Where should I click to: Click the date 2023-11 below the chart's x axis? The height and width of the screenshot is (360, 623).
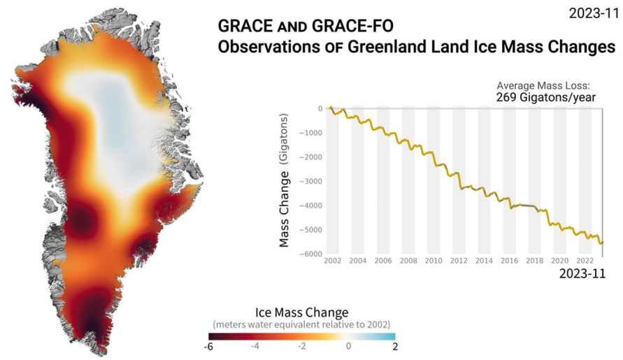point(582,274)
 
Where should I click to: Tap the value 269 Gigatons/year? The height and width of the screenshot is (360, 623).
point(545,97)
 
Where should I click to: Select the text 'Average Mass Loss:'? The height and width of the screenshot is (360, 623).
point(543,85)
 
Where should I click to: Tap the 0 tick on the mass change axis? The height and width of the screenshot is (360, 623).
point(320,108)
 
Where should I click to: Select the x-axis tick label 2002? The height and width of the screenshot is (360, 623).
point(332,261)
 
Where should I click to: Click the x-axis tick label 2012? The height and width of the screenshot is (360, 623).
point(459,261)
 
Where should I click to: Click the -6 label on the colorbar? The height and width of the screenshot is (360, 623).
point(210,346)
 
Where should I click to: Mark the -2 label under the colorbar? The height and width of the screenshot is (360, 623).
point(302,346)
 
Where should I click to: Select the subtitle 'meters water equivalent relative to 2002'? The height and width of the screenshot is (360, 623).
point(301,324)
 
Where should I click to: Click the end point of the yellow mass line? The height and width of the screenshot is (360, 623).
point(602,243)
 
